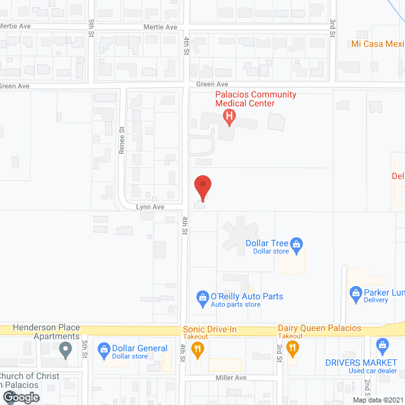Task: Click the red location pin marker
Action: tap(202, 187)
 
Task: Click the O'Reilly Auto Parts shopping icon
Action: tap(202, 296)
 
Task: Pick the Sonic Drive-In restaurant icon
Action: tap(197, 347)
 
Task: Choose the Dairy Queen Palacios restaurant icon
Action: tap(292, 347)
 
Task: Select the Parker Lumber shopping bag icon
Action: tap(356, 292)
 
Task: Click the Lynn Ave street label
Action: tap(149, 207)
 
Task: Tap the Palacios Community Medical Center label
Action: tap(246, 99)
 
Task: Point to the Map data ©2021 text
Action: tap(377, 400)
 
